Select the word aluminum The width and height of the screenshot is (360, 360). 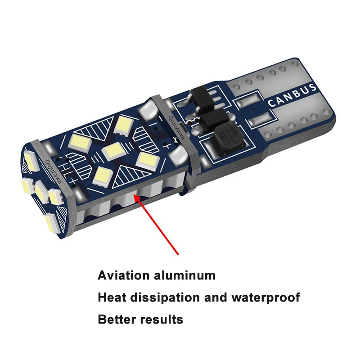[184, 275]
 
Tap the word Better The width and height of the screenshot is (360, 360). [116, 319]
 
